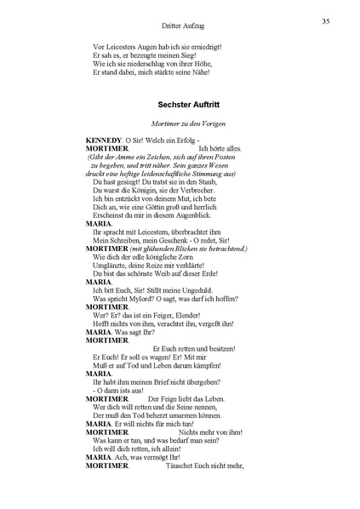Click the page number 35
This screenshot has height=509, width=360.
coord(327,20)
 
